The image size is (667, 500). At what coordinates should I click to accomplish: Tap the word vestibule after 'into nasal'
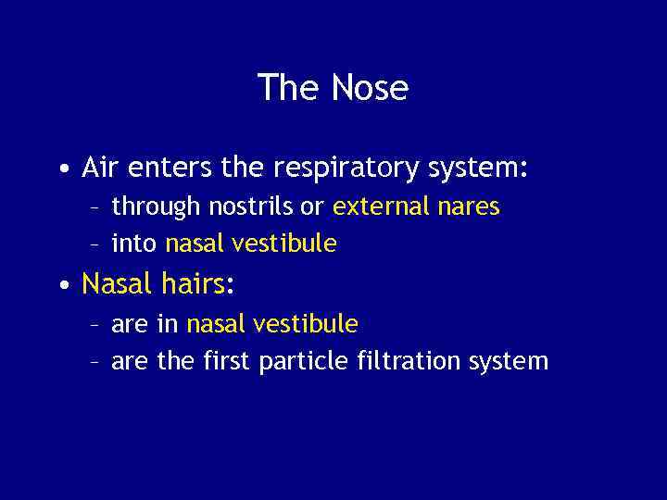click(x=284, y=244)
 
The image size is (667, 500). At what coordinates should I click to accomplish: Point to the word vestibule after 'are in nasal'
click(x=306, y=323)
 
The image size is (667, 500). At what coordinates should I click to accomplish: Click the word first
click(x=227, y=360)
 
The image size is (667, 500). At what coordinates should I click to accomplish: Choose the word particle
click(x=304, y=361)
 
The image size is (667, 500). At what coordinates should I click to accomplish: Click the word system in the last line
click(x=510, y=361)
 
